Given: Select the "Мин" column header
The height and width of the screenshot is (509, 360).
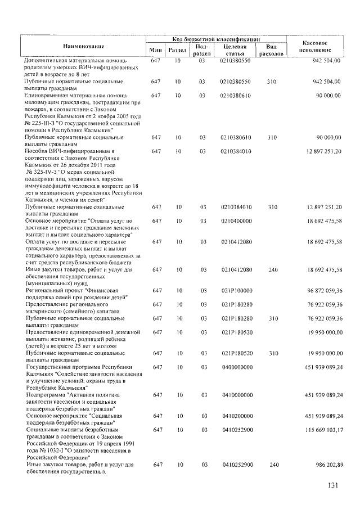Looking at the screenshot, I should (x=156, y=50).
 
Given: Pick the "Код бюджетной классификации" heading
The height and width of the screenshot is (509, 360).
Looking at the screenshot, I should (x=216, y=40).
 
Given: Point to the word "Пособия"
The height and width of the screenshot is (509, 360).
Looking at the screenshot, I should (x=38, y=151).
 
